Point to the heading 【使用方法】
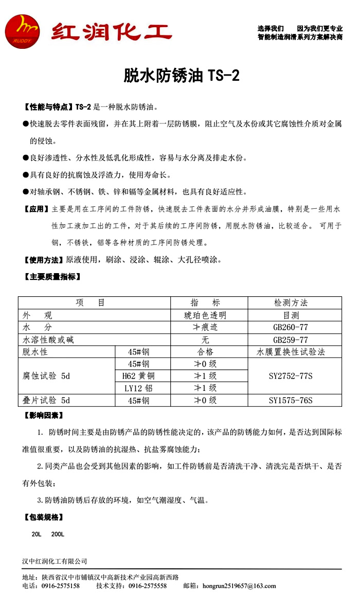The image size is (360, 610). pos(44,260)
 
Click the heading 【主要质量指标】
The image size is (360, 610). pos(51,277)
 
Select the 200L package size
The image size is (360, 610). pos(58,534)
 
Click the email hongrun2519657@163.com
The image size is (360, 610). pos(239,586)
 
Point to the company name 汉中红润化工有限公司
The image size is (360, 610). pos(55,561)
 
